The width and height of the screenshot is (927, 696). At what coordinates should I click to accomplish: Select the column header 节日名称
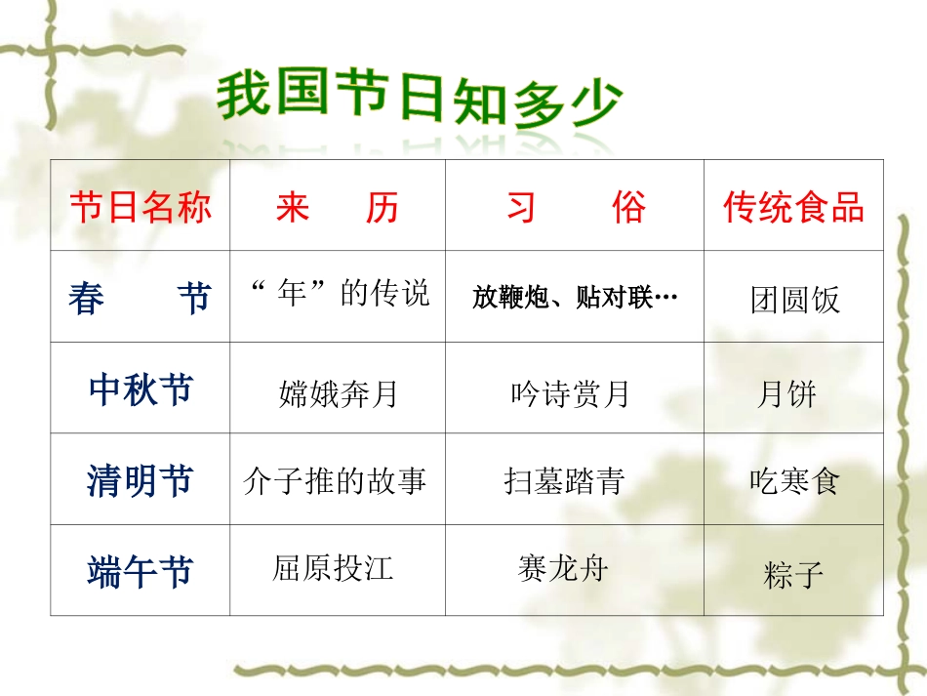tap(141, 207)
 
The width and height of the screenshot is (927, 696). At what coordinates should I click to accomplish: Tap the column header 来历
tap(338, 207)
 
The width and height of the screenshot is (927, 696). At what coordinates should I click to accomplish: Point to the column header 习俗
tap(575, 207)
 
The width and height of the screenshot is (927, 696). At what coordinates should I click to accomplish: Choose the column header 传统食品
tap(793, 207)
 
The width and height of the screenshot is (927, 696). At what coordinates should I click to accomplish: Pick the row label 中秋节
tap(141, 390)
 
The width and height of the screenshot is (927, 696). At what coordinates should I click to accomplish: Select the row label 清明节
tap(141, 481)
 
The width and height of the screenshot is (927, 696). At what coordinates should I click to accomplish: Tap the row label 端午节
tap(141, 572)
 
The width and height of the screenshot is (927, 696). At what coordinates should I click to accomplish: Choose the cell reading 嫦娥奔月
tap(338, 394)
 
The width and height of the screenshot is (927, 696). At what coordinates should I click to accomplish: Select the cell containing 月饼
tap(786, 394)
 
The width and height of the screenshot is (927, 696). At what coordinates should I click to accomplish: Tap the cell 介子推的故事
tap(335, 481)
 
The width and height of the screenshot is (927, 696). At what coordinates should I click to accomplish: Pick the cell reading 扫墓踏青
tap(565, 481)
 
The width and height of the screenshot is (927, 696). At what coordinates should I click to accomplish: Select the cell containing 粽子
tap(793, 575)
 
